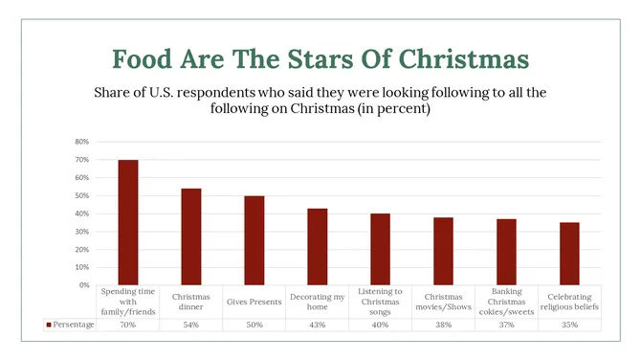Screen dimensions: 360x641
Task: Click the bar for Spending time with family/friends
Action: click(x=128, y=222)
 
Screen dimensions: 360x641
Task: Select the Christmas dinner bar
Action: click(x=191, y=236)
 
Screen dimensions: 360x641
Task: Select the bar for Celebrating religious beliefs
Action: click(x=570, y=254)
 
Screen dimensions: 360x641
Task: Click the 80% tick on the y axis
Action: click(x=83, y=142)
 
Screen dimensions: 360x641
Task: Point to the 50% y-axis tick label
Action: click(x=83, y=195)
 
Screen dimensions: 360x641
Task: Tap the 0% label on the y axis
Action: click(x=85, y=285)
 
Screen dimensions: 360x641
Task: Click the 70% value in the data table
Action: click(x=128, y=325)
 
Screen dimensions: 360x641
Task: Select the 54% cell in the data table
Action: click(x=191, y=325)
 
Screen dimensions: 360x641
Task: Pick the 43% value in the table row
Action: click(x=318, y=325)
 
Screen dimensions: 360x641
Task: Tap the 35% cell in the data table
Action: click(x=570, y=325)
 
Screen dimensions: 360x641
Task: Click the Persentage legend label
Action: click(x=71, y=325)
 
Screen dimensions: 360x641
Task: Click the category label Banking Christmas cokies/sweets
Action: click(x=507, y=301)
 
